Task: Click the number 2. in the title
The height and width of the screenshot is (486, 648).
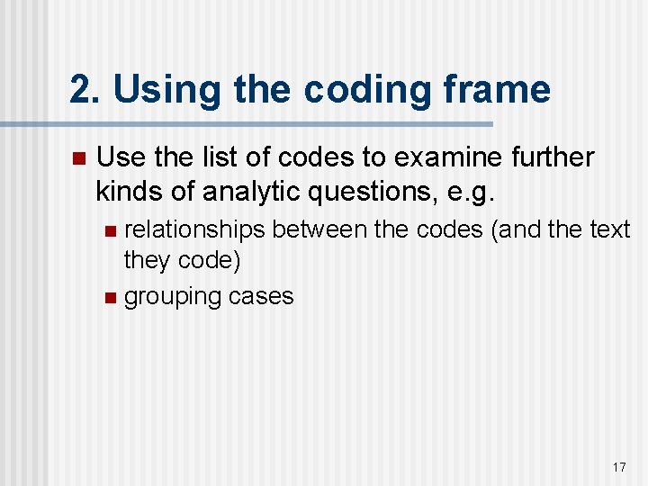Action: (x=85, y=90)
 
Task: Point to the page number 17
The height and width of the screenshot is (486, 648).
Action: (x=619, y=467)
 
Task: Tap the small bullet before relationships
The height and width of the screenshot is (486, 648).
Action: (x=110, y=231)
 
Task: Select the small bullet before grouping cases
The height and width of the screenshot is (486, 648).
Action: (x=110, y=297)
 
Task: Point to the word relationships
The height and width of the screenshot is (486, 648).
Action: (x=194, y=230)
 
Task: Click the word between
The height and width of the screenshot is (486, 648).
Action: (x=319, y=230)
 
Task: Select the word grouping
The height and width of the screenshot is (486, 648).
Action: (x=166, y=297)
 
